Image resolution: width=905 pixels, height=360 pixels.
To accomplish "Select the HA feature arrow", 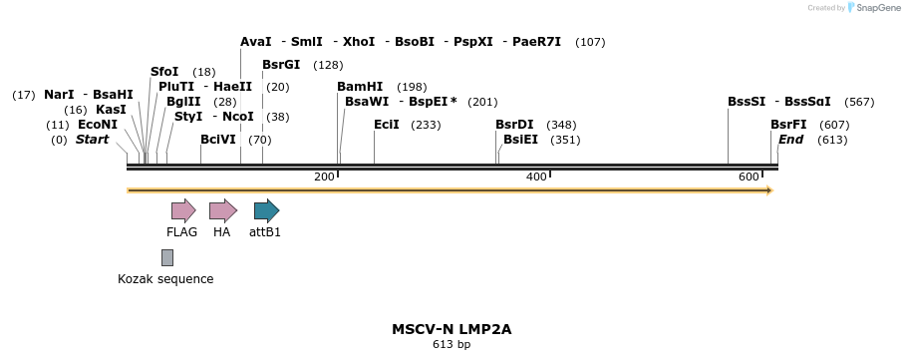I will pyautogui.click(x=222, y=210).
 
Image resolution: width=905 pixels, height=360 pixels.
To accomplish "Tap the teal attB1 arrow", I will pyautogui.click(x=266, y=210).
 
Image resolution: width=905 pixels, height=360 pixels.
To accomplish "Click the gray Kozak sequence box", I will pyautogui.click(x=167, y=257).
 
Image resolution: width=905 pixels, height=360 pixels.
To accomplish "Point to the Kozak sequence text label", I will pyautogui.click(x=165, y=279).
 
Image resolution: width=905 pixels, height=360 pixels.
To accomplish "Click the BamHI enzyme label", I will pyautogui.click(x=360, y=87).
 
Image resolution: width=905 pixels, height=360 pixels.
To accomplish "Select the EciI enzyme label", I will pyautogui.click(x=387, y=125).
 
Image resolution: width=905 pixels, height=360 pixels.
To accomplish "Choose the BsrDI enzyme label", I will pyautogui.click(x=514, y=125).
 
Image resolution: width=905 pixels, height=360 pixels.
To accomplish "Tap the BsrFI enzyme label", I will pyautogui.click(x=788, y=125).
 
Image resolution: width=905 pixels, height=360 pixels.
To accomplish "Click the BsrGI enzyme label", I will pyautogui.click(x=281, y=65).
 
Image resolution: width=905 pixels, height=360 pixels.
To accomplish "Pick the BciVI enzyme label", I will pyautogui.click(x=218, y=140).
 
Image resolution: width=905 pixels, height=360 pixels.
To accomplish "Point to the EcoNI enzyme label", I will pyautogui.click(x=98, y=125).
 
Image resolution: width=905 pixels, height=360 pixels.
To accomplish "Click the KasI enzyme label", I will pyautogui.click(x=111, y=110).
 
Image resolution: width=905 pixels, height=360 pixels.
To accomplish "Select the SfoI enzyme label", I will pyautogui.click(x=164, y=72).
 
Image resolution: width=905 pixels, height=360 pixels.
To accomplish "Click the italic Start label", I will pyautogui.click(x=92, y=140).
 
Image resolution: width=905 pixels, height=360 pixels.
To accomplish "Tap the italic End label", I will pyautogui.click(x=790, y=140).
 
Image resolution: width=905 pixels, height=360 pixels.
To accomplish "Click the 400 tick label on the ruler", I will pyautogui.click(x=536, y=177).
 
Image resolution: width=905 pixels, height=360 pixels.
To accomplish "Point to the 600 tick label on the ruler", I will pyautogui.click(x=749, y=177).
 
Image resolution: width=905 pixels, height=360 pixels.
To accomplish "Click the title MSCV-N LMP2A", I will pyautogui.click(x=452, y=328).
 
